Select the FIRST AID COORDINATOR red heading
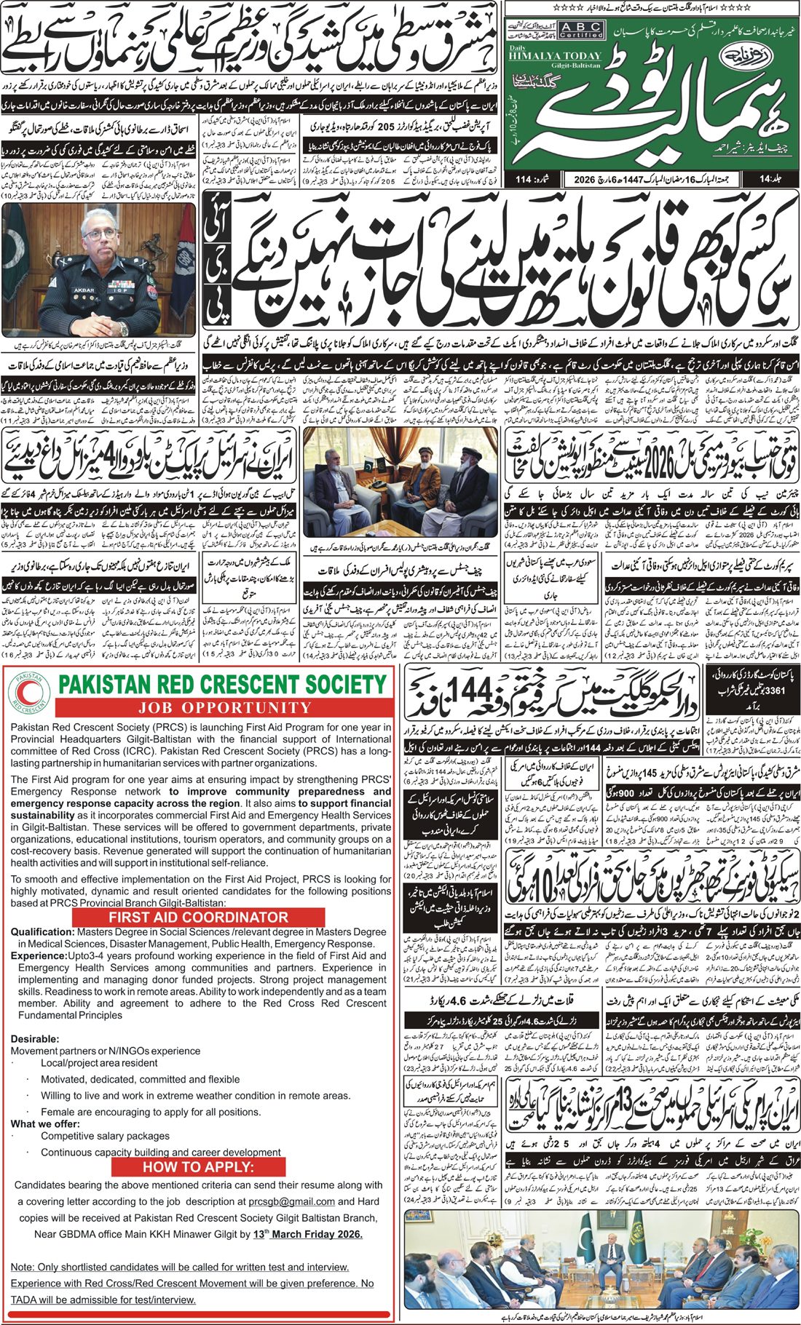tap(198, 917)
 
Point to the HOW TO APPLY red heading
tap(198, 1166)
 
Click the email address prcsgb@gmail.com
tap(291, 1201)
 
